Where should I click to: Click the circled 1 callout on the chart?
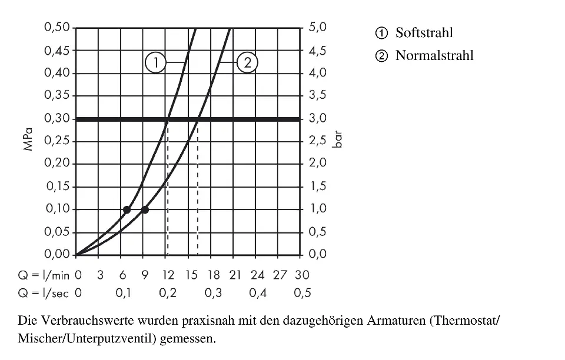(x=155, y=62)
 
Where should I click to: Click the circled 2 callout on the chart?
(x=247, y=62)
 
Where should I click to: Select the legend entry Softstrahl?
(x=424, y=33)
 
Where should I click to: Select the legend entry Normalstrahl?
(x=434, y=56)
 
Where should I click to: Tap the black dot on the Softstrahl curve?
(x=127, y=209)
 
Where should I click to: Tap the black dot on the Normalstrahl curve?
(x=145, y=209)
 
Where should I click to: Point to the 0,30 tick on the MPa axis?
(x=57, y=119)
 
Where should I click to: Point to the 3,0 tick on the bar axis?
(x=318, y=119)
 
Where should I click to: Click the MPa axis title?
(x=28, y=142)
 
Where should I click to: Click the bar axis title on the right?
(x=338, y=142)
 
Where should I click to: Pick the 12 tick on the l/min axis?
(x=168, y=275)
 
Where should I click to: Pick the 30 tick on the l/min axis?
(x=302, y=275)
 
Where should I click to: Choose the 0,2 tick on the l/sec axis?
(x=168, y=293)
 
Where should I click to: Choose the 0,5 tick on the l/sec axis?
(x=302, y=293)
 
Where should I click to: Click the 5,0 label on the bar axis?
(x=318, y=28)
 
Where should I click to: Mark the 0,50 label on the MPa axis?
(x=57, y=28)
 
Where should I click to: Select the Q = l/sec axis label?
(x=43, y=293)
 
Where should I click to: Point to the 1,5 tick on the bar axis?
(x=318, y=187)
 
